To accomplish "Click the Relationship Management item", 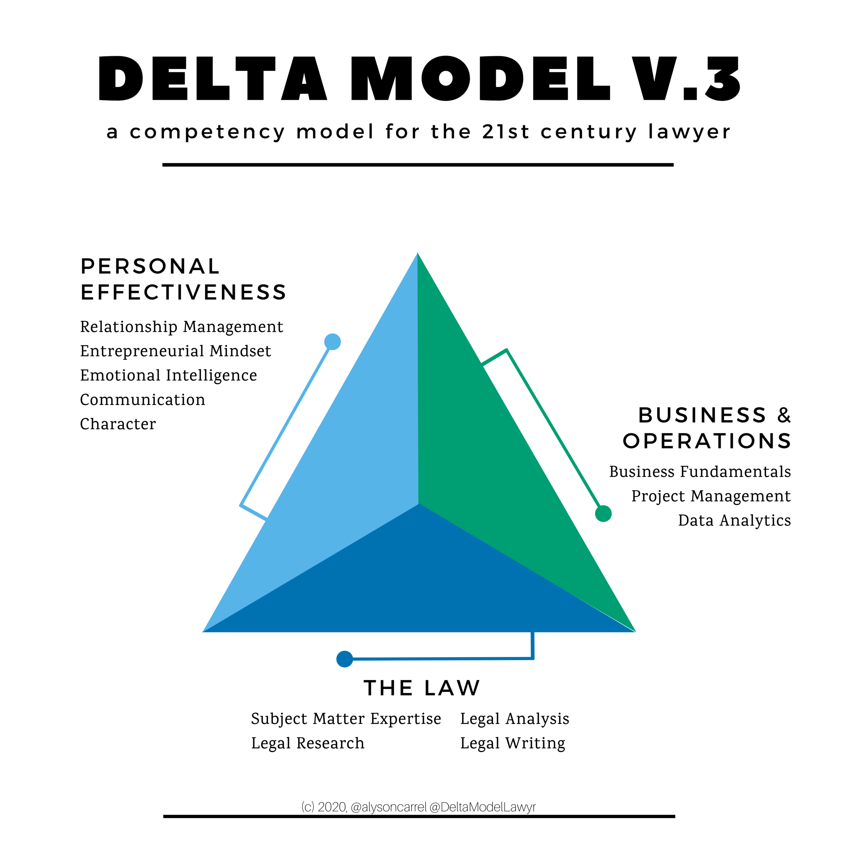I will (182, 327).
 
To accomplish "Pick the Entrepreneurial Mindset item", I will (175, 351).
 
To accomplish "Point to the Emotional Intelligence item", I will (168, 376).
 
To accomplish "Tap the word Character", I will (118, 424).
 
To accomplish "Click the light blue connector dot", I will (333, 342).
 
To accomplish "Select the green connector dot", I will (603, 514).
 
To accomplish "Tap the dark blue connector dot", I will (345, 659).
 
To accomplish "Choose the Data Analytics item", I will (734, 520).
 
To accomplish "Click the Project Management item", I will (711, 496).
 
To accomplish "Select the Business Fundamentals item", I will (700, 472).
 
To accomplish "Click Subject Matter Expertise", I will (346, 719).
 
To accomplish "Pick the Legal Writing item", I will (512, 743).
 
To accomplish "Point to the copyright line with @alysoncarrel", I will (418, 807).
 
